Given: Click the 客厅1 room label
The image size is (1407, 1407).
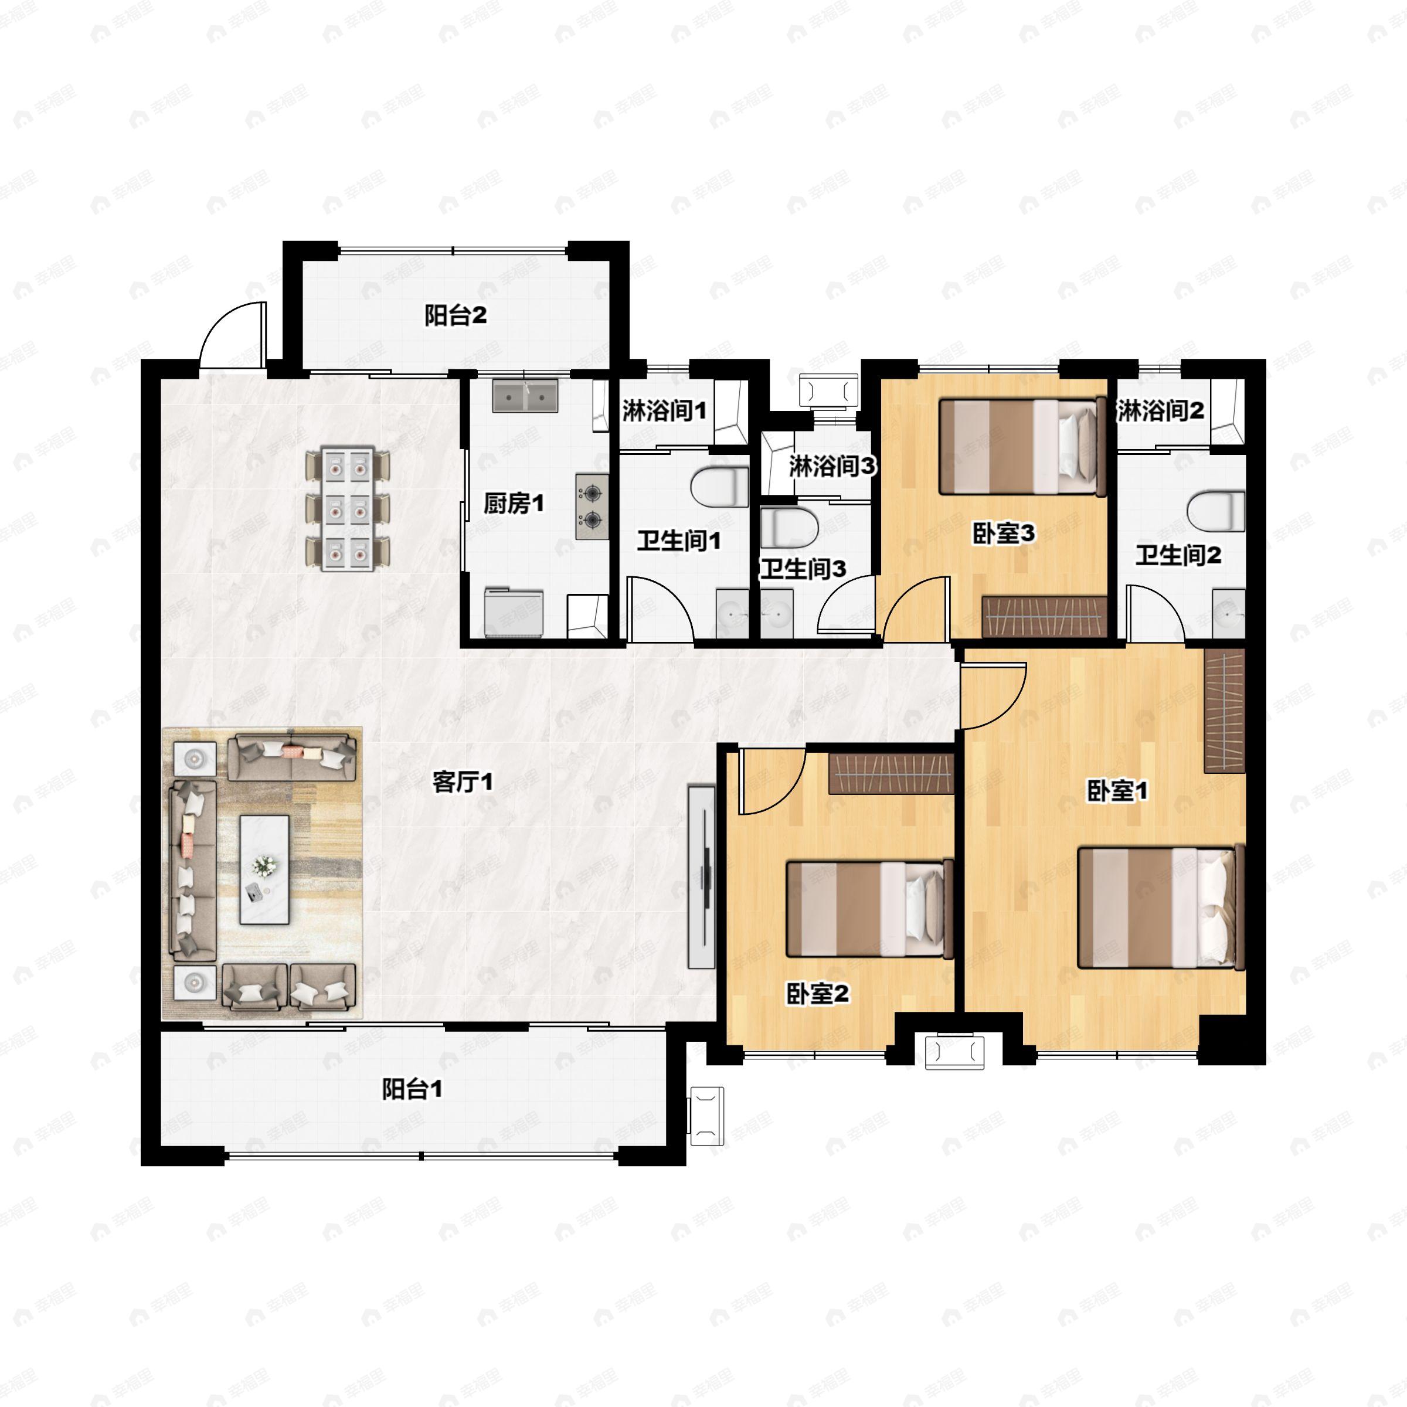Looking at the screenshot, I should point(463,782).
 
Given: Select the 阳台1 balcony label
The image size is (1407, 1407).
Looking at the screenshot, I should point(412,1089).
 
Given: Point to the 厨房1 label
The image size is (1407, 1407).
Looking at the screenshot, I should point(514,503).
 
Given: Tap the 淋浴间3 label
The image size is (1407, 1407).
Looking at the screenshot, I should point(832,466).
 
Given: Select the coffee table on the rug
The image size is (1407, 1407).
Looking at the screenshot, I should point(264,869).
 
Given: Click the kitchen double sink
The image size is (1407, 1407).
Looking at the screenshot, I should point(525,396).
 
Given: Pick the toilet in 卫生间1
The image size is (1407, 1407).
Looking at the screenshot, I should point(719,487).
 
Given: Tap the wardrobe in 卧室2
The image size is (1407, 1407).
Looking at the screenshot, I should point(891,773).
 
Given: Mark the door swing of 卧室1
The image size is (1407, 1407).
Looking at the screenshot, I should point(992,695).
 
